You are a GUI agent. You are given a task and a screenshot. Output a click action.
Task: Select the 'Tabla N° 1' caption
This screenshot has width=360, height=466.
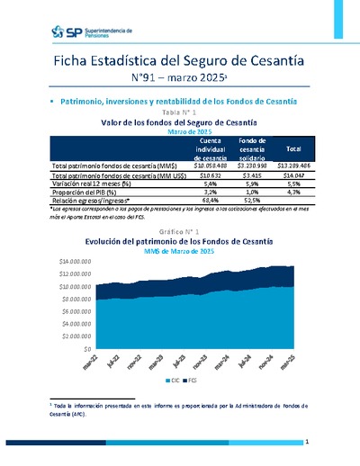[180, 112]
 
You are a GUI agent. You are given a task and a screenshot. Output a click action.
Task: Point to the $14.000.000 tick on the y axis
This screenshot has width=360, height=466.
[75, 259]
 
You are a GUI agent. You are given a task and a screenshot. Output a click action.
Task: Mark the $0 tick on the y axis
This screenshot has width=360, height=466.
[87, 348]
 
